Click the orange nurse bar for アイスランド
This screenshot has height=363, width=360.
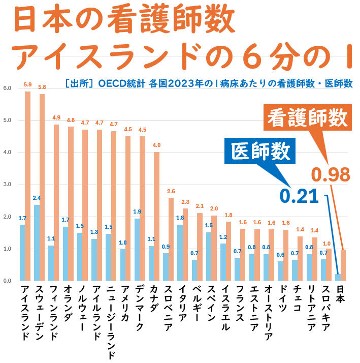tap(27, 186)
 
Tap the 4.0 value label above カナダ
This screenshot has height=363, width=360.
tap(157, 145)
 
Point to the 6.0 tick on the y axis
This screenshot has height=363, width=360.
tap(7, 88)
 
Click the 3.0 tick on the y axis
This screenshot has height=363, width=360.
tap(7, 185)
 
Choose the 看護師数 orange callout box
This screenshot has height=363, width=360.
tap(308, 118)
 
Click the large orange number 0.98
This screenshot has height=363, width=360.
tap(331, 175)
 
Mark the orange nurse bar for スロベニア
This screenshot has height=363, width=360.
tap(171, 239)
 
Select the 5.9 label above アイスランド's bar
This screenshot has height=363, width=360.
tap(27, 84)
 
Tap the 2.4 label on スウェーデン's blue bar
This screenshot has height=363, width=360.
tap(37, 198)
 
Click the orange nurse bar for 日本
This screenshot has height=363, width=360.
tap(343, 265)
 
